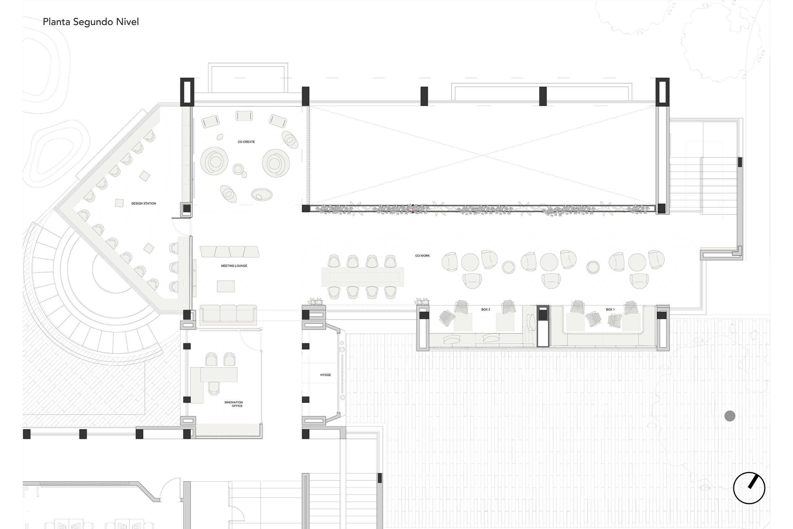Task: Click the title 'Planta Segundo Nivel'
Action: [91, 22]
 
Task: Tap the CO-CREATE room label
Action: [246, 142]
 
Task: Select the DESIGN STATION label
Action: [144, 203]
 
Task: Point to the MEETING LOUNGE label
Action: [234, 266]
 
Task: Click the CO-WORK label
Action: [423, 256]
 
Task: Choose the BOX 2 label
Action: [485, 309]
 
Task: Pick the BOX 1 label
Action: [610, 309]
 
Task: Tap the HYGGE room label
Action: [325, 375]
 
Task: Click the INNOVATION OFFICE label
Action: [234, 404]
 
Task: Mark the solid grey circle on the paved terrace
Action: [729, 416]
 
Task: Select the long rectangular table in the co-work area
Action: [362, 277]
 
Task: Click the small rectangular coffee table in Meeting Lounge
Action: [226, 286]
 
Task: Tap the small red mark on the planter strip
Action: [411, 209]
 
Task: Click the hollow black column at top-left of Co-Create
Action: [187, 92]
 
